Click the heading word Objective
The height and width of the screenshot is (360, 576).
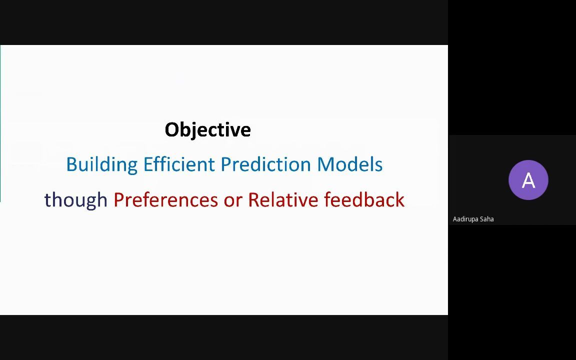[x=207, y=130]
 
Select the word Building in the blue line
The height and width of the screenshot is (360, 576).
[x=101, y=164]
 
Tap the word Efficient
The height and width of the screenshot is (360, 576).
[x=178, y=164]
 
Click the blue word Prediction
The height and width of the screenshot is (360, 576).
[x=266, y=164]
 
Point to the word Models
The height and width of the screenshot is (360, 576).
[x=349, y=164]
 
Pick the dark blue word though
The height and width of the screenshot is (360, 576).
[x=75, y=199]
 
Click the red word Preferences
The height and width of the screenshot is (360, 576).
[x=165, y=199]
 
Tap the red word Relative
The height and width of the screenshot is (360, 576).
[x=283, y=199]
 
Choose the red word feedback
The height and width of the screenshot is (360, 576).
[x=364, y=199]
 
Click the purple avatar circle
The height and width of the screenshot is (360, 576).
[x=528, y=180]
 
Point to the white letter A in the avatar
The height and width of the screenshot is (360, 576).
[x=528, y=180]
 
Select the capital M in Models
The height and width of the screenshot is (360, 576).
[x=324, y=164]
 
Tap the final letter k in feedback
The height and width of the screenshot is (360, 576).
[x=400, y=199]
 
